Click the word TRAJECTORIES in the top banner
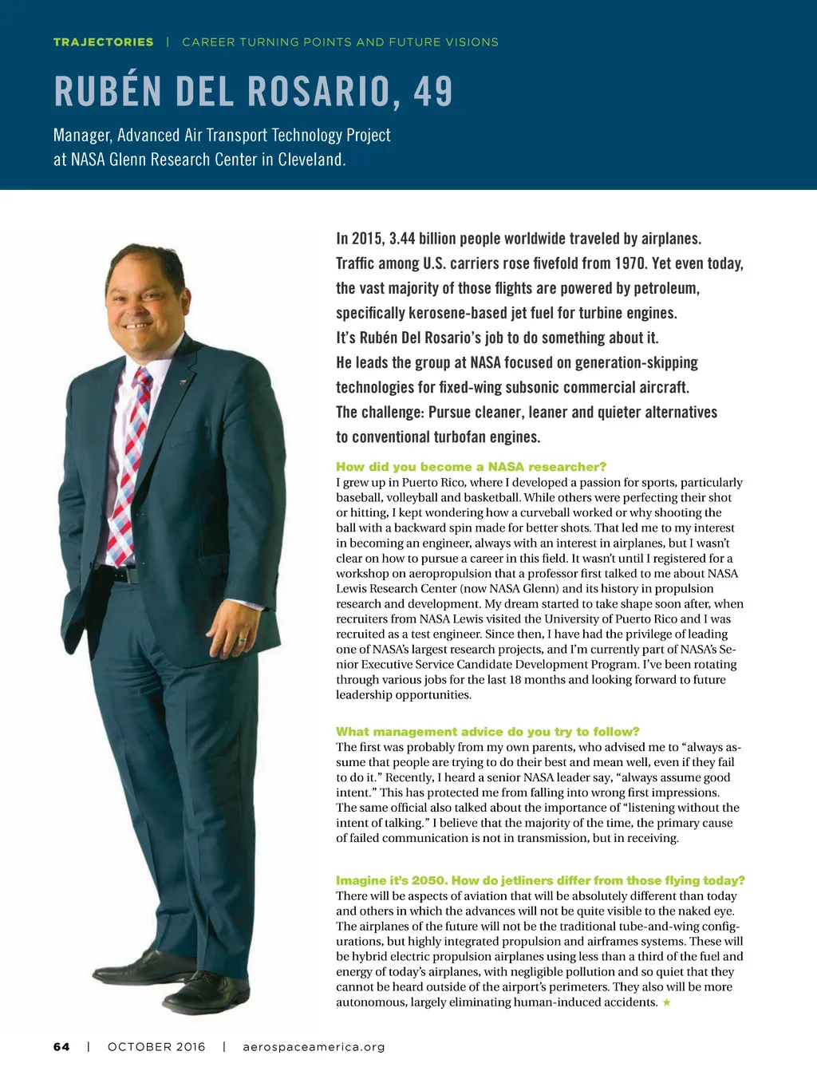point(103,42)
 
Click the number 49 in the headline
point(433,91)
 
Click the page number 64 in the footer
point(61,1047)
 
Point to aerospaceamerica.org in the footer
point(314,1047)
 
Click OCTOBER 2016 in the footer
point(156,1047)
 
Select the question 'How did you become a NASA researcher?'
point(471,467)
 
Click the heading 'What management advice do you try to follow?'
point(487,732)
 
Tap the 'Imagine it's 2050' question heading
point(540,880)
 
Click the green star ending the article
point(667,1002)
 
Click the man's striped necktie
point(132,447)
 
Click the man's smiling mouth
point(138,326)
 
